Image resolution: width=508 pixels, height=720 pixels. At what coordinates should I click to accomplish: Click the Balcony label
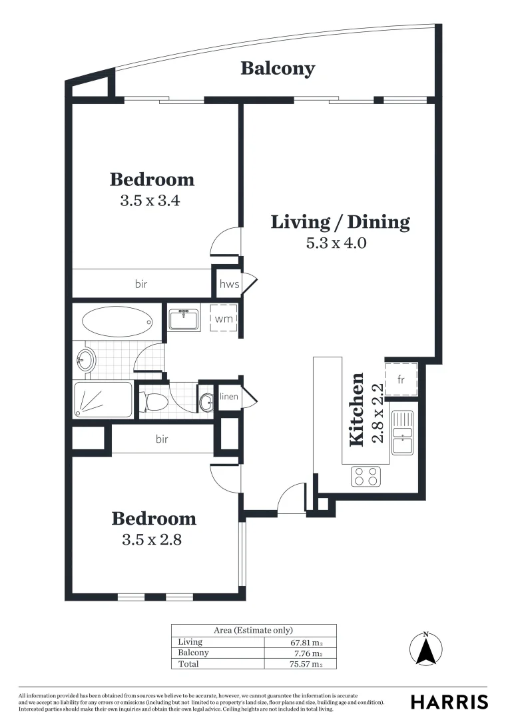click(278, 68)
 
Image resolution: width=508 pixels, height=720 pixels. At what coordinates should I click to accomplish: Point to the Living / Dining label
click(340, 222)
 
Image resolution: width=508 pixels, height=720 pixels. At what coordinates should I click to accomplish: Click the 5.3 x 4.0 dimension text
click(336, 243)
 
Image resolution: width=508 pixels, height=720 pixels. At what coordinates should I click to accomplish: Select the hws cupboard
click(229, 284)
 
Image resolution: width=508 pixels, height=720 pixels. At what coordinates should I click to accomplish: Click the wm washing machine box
click(224, 319)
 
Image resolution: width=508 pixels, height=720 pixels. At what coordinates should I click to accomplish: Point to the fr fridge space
click(401, 379)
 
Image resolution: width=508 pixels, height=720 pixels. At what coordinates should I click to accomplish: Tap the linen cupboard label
click(228, 398)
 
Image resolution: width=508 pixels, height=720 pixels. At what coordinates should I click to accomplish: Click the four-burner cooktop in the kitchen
click(366, 476)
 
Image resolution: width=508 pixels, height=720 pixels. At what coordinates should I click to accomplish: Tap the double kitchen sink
click(403, 433)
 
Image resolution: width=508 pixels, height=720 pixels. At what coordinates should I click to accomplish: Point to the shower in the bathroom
click(103, 400)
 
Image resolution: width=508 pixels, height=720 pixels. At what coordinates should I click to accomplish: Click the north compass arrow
click(425, 648)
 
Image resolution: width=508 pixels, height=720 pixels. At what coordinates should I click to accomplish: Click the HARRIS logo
click(449, 702)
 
